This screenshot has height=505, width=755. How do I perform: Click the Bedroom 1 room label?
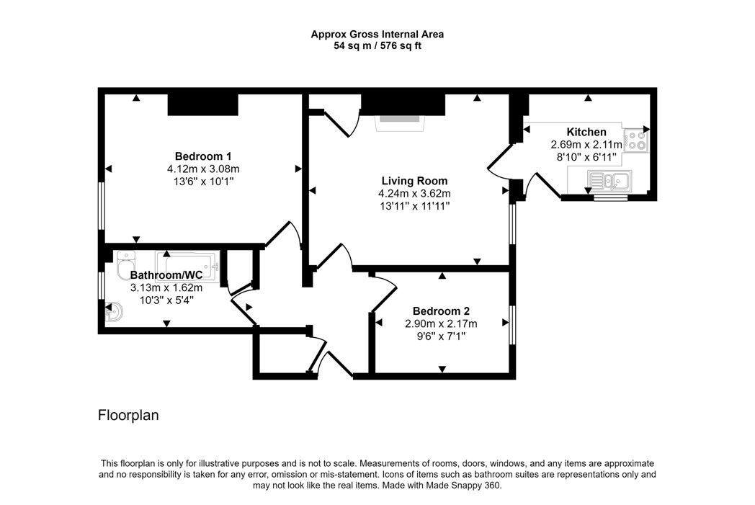[x=203, y=156]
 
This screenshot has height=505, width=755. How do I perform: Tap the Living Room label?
[x=414, y=181]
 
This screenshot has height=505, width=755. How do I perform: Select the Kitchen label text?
[x=586, y=132]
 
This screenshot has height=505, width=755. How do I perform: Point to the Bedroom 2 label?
[x=441, y=311]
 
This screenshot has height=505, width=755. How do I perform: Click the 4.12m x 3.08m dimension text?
[x=203, y=169]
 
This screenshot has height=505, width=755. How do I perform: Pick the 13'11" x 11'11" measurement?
[x=414, y=206]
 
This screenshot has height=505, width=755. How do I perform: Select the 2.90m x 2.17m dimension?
[x=441, y=323]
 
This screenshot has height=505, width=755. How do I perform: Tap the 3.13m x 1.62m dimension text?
[x=166, y=288]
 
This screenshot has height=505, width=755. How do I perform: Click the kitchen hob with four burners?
[x=636, y=140]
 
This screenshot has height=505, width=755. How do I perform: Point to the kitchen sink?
[x=609, y=181]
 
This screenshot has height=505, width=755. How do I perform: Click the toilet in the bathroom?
[x=126, y=265]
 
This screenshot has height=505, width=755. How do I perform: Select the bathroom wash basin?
[x=114, y=312]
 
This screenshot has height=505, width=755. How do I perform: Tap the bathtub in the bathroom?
[x=188, y=267]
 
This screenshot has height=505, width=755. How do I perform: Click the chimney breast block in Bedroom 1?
[x=202, y=104]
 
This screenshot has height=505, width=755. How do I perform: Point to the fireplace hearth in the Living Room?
[x=401, y=122]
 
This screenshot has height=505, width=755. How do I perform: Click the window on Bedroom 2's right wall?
[x=512, y=325]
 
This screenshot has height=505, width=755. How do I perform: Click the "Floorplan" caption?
[x=128, y=415]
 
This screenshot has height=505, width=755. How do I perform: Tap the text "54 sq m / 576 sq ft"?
[x=377, y=46]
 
